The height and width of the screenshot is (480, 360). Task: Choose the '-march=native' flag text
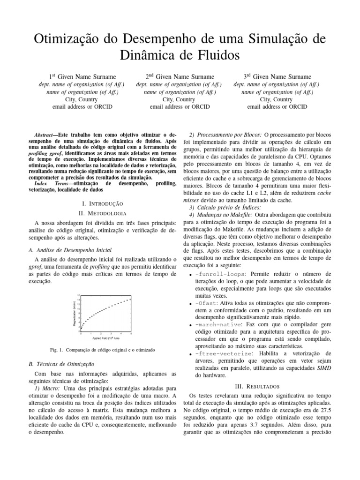217,325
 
